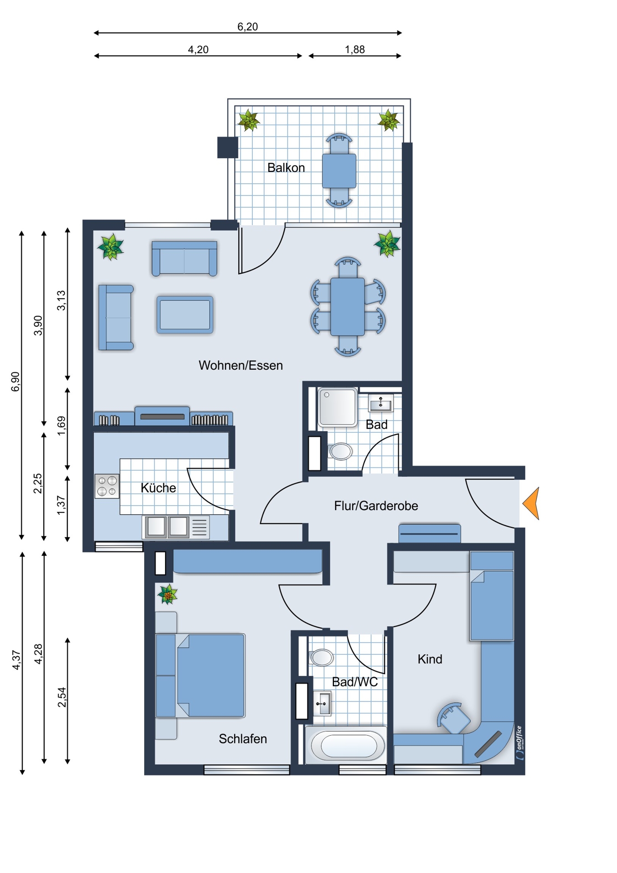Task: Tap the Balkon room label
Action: point(286,168)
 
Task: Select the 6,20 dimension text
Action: point(247,27)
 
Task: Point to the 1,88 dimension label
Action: point(355,50)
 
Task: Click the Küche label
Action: point(158,488)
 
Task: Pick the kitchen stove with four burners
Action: point(107,486)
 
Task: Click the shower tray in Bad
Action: point(337,406)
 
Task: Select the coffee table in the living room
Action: point(185,315)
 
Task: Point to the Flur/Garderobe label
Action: point(376,506)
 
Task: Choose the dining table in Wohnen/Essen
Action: point(347,306)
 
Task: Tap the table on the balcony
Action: point(339,171)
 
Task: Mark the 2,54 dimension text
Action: point(62,697)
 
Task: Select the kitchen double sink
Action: point(166,527)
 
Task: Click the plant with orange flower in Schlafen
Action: point(168,594)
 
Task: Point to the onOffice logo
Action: point(519,743)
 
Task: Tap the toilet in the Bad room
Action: point(340,452)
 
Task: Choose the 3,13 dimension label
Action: point(61,301)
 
